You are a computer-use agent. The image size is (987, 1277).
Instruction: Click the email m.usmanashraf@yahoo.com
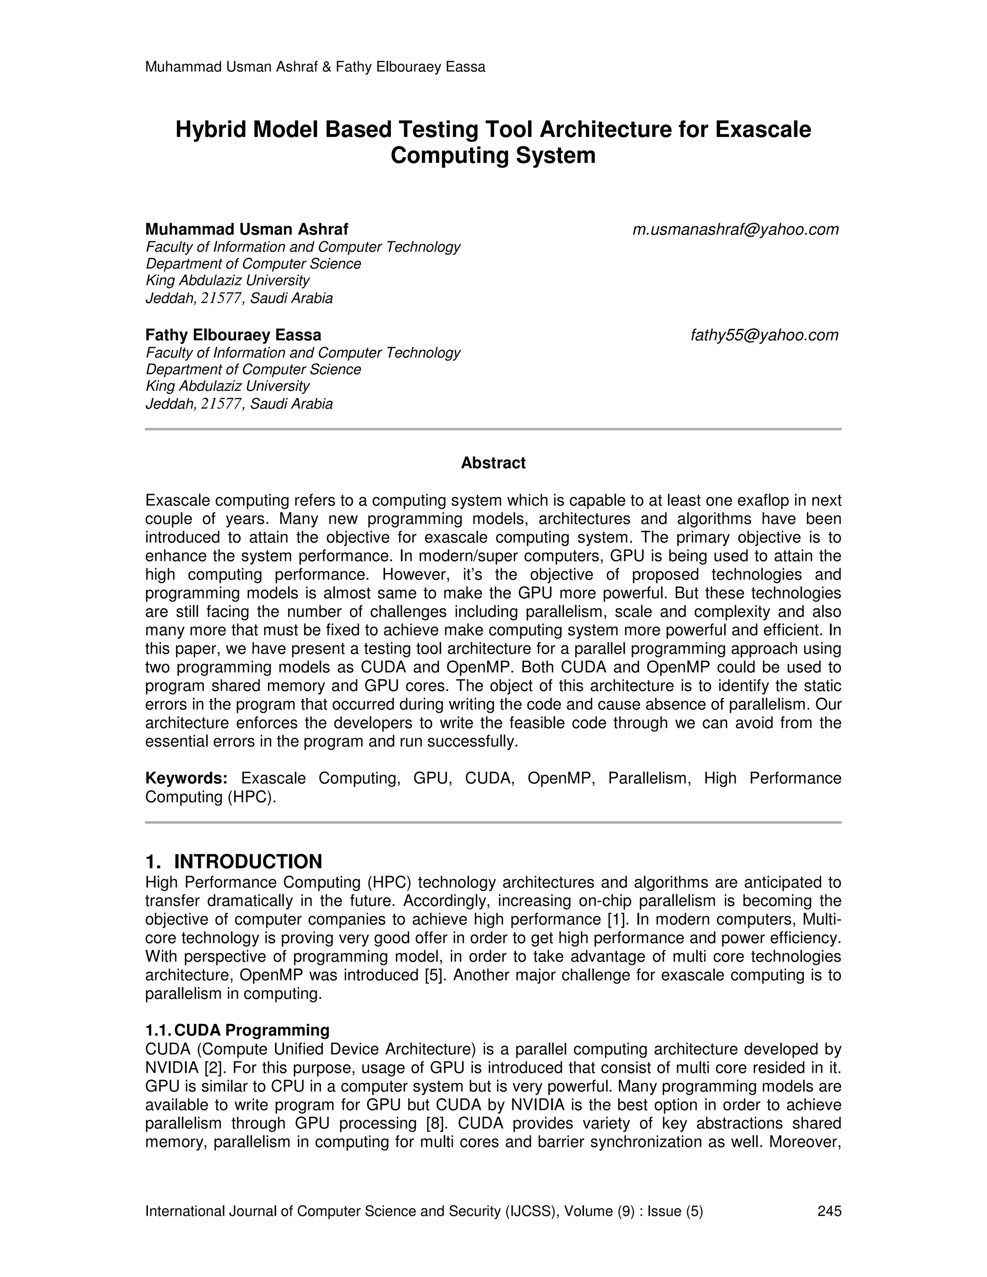click(735, 230)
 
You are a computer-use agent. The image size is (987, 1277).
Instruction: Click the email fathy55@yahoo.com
click(764, 335)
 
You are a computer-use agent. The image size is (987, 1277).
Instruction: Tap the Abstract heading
click(493, 463)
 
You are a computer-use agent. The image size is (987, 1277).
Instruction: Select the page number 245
click(829, 1211)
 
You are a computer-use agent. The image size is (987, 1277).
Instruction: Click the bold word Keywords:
click(186, 778)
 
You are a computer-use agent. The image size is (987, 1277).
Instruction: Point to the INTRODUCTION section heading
click(248, 861)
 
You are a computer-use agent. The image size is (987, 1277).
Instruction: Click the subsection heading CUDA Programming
click(252, 1030)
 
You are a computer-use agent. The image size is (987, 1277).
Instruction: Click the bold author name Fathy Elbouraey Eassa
click(233, 335)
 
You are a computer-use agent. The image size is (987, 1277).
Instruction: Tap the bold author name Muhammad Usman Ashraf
click(246, 229)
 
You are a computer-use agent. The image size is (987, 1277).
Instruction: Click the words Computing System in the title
click(493, 156)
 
